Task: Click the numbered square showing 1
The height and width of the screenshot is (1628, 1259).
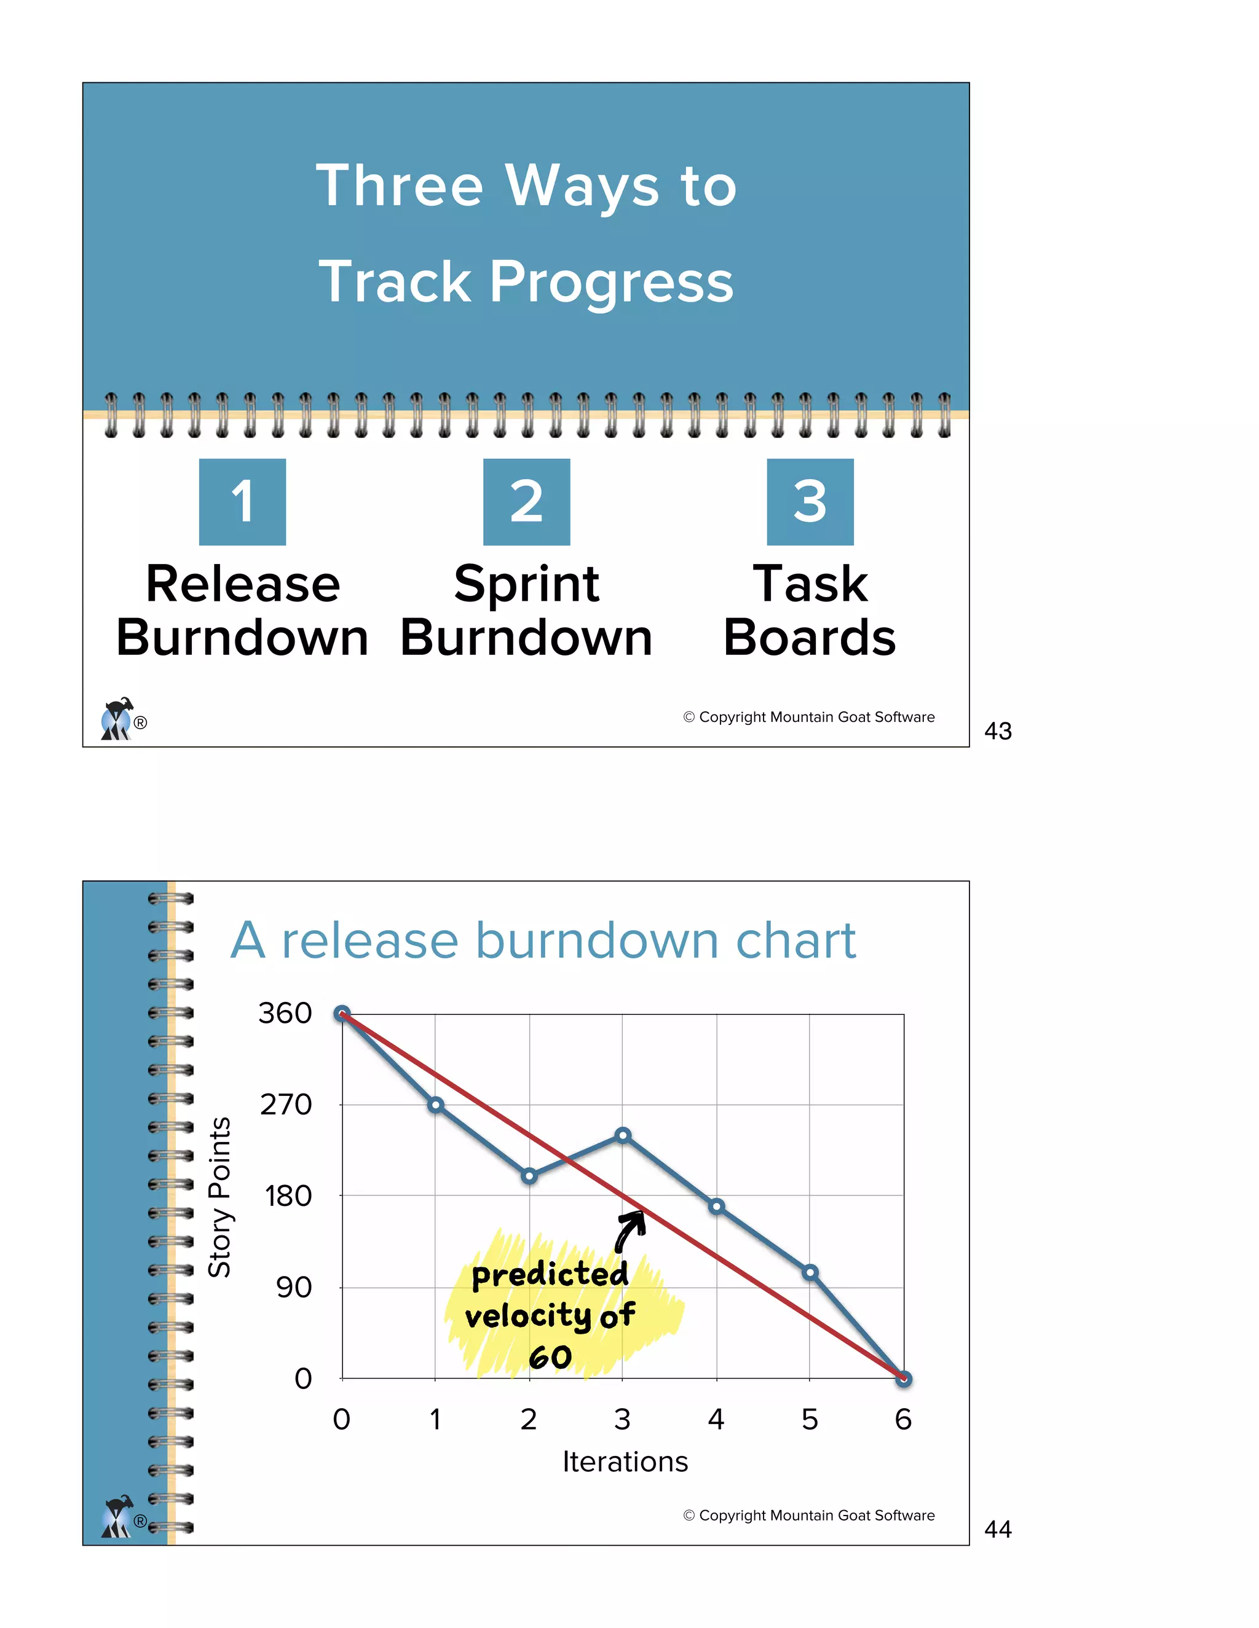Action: [242, 502]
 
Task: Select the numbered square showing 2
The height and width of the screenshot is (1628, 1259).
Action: [527, 502]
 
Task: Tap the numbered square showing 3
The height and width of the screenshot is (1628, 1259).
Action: [810, 502]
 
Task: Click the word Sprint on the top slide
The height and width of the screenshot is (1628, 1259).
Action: [527, 584]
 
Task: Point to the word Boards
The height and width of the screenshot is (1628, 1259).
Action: [810, 638]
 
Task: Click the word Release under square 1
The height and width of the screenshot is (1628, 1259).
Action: [242, 584]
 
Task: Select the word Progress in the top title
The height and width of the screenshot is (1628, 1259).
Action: [612, 283]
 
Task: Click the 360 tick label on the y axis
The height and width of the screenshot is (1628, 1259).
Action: [285, 1014]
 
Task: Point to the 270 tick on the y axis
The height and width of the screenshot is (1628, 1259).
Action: [286, 1105]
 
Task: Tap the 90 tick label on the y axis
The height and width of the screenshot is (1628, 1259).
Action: [294, 1287]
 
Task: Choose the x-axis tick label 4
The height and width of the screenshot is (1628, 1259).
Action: [716, 1420]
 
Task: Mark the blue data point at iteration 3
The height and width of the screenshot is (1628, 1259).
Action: [623, 1135]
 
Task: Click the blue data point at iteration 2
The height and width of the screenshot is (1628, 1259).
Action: [529, 1176]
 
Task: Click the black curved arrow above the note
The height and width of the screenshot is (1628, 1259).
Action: [630, 1231]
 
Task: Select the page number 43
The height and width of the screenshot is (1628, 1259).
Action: [998, 731]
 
